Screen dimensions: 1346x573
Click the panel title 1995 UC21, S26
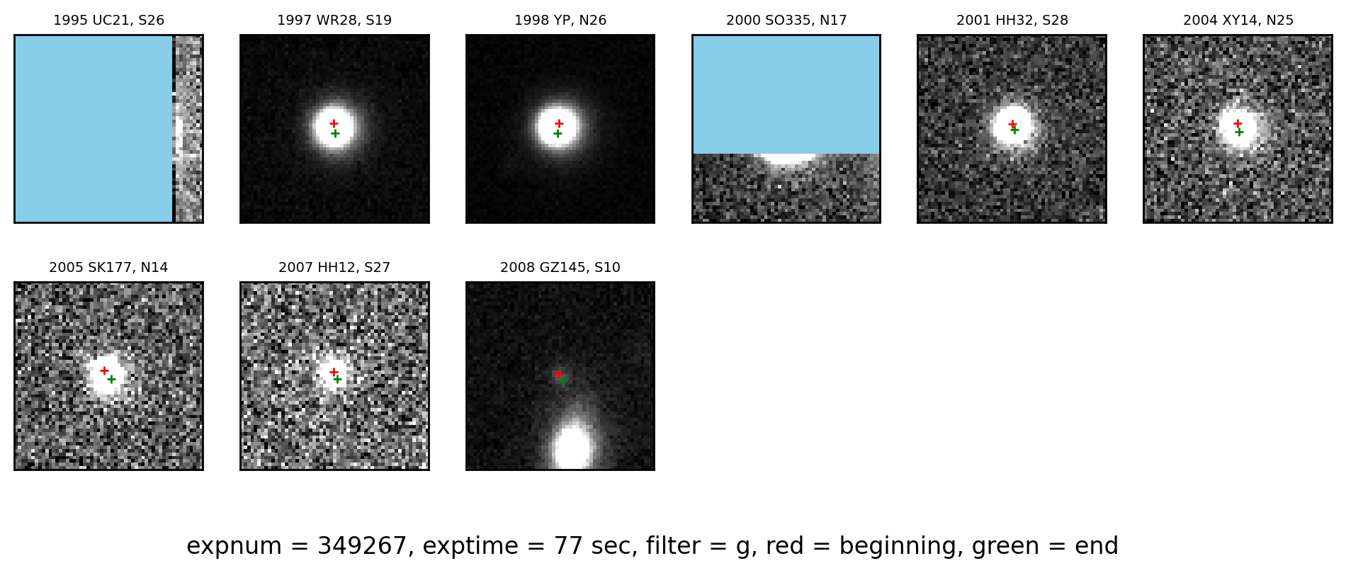tap(108, 21)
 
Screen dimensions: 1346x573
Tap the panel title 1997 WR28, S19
tap(334, 21)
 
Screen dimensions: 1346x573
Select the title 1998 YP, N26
tap(560, 21)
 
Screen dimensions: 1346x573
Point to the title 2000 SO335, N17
tap(786, 21)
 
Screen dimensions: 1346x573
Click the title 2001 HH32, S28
tap(1012, 21)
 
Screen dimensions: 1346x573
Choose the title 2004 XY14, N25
tap(1238, 21)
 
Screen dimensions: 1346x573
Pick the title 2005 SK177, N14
tap(108, 268)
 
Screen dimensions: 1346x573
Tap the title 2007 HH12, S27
tap(334, 268)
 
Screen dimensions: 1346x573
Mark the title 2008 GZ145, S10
tap(560, 268)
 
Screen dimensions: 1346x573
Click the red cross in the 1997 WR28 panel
tap(334, 123)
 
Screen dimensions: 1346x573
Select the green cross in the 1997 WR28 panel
tap(335, 133)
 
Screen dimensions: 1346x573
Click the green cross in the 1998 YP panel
tap(558, 133)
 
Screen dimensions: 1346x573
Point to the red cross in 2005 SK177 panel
tap(104, 370)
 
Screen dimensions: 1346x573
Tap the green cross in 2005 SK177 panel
tap(111, 379)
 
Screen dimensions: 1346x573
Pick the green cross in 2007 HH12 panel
tap(337, 379)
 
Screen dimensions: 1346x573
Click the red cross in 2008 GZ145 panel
tap(559, 373)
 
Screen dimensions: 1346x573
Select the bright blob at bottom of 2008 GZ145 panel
tap(572, 446)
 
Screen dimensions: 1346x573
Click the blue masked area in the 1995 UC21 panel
tap(94, 128)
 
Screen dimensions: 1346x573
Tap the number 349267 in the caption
tap(362, 546)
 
